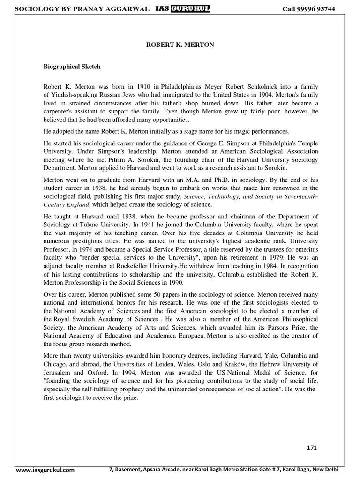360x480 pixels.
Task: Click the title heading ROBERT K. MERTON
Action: (x=180, y=44)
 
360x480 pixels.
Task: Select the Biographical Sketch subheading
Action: (x=72, y=67)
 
